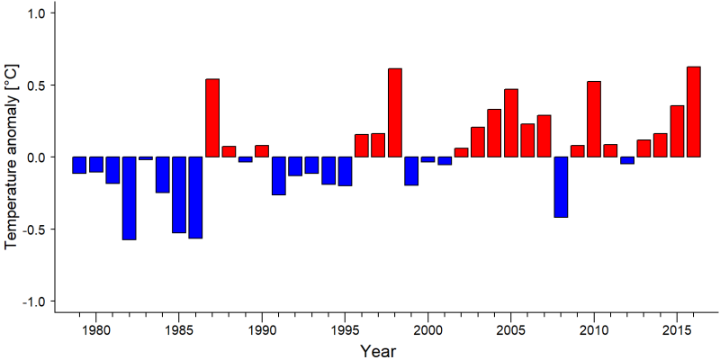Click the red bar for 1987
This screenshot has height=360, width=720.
click(x=212, y=118)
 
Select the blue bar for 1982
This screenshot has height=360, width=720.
click(x=129, y=198)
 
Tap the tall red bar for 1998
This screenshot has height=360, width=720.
click(x=395, y=113)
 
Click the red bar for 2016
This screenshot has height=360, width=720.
click(x=694, y=112)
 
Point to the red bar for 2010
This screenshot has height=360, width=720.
click(x=594, y=119)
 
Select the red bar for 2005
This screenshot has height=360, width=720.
click(x=511, y=123)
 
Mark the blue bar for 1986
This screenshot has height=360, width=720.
click(x=195, y=197)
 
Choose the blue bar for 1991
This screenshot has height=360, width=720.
click(x=279, y=175)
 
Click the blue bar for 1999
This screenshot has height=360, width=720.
click(x=411, y=171)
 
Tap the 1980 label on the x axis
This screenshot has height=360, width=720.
click(x=96, y=331)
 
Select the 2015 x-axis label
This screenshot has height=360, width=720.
click(x=677, y=331)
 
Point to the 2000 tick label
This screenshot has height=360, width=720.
click(x=428, y=331)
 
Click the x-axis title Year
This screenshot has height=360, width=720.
click(x=377, y=351)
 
